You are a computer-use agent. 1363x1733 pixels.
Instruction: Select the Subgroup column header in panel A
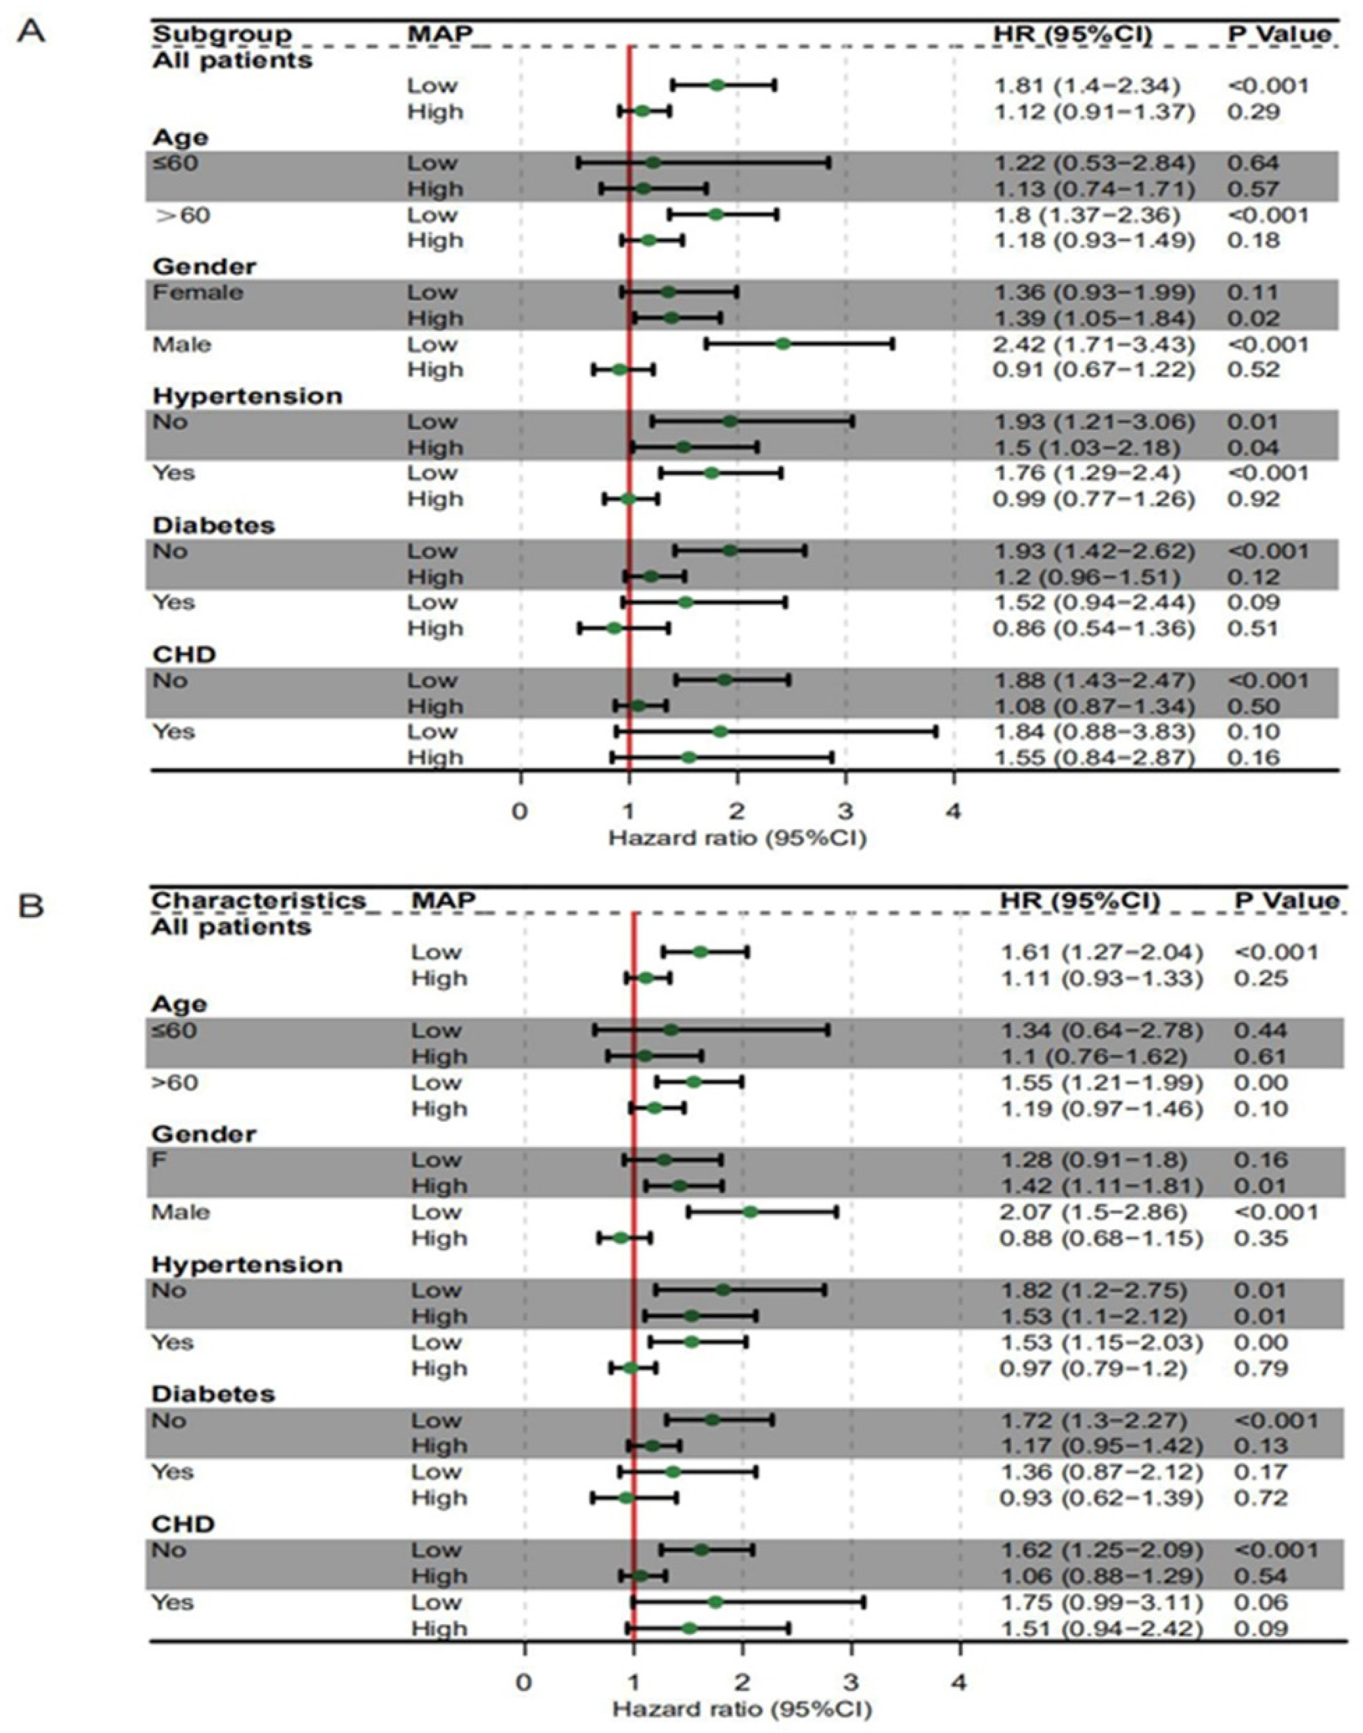[222, 35]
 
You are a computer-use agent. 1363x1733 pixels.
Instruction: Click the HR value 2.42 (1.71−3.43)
[1094, 345]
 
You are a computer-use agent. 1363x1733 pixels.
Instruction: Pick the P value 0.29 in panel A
[1253, 112]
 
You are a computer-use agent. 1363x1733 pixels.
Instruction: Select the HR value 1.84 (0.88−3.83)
[1094, 732]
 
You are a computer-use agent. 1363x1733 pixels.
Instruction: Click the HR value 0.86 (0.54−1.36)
[1094, 629]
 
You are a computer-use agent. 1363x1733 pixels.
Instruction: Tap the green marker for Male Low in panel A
[783, 344]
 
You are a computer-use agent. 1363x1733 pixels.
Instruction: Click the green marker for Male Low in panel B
[750, 1212]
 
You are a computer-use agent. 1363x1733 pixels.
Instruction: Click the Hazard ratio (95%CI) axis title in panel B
[742, 1708]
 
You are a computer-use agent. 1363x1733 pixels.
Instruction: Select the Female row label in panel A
[198, 293]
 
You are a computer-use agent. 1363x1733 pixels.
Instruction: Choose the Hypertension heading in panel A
[247, 396]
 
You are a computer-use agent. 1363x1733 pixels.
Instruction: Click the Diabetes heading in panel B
[213, 1394]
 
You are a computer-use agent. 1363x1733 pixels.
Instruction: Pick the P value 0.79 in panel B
[1261, 1368]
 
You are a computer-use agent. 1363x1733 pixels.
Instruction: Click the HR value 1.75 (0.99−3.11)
[1101, 1602]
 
